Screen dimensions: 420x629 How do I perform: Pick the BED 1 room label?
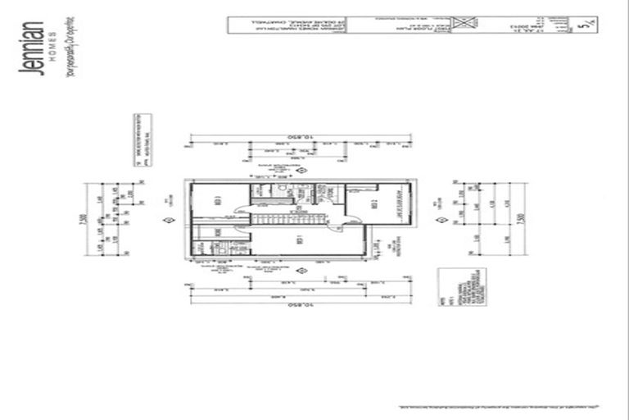point(300,240)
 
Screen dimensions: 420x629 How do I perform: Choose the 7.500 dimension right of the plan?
point(522,221)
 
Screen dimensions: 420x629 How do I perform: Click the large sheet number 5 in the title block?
point(583,26)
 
